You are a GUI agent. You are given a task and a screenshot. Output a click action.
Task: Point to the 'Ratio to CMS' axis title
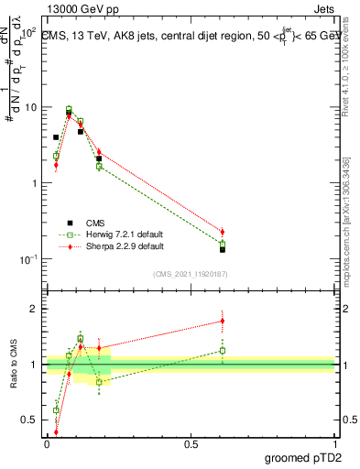pos(13,365)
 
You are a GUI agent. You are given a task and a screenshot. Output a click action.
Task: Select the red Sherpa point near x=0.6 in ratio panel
pos(223,321)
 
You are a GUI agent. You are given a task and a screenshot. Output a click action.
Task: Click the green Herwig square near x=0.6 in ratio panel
pos(223,350)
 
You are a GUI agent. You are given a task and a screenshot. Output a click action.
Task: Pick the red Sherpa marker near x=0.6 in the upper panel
pos(223,232)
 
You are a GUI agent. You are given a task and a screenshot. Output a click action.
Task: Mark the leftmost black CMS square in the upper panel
pos(56,137)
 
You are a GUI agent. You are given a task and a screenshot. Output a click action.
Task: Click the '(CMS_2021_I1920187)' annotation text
pos(191,274)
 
